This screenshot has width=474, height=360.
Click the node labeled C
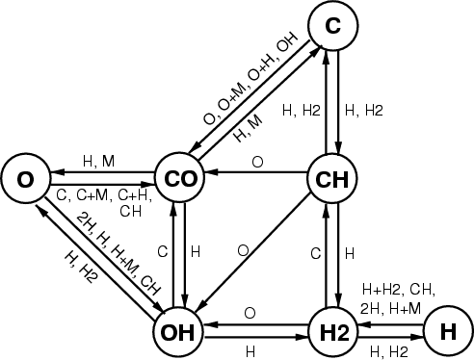click(x=333, y=25)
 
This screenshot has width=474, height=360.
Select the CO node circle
click(x=179, y=178)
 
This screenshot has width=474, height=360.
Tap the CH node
click(x=332, y=178)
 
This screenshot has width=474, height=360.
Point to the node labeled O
click(x=25, y=179)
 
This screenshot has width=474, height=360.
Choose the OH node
click(x=177, y=332)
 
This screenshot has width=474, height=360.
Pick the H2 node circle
click(x=333, y=332)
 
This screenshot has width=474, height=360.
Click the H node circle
click(x=449, y=331)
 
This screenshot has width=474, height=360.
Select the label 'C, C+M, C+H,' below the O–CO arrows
click(x=104, y=195)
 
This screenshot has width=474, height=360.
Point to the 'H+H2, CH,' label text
click(x=399, y=290)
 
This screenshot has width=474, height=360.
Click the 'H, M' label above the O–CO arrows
click(x=98, y=161)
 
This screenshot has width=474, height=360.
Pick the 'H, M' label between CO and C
click(x=249, y=128)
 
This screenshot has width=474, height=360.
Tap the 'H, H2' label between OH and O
click(x=80, y=267)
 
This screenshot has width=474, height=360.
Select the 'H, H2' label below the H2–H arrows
click(x=389, y=352)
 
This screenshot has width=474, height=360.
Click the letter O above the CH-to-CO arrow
click(x=257, y=162)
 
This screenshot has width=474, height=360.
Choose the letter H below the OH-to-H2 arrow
click(x=250, y=352)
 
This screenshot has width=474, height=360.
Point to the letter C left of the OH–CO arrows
click(x=163, y=252)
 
